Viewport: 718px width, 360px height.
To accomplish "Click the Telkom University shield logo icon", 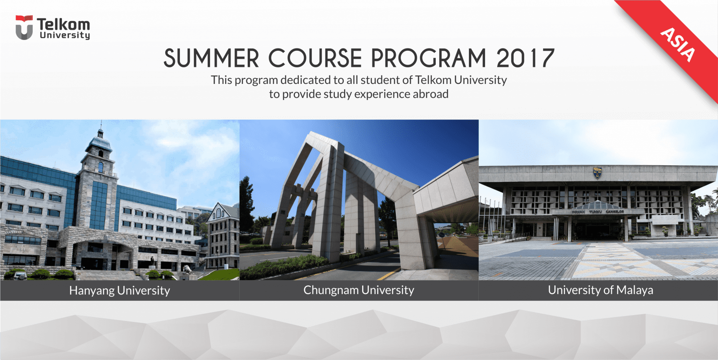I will (x=24, y=28).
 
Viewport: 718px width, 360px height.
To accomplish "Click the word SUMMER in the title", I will (x=211, y=59).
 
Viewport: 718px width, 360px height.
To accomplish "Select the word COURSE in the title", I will (x=315, y=59).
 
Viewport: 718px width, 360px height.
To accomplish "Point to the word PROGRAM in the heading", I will (x=429, y=59).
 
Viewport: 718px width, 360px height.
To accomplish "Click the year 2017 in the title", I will (x=525, y=59).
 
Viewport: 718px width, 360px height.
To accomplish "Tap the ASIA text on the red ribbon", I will (x=678, y=44).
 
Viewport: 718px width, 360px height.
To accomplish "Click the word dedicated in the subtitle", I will (x=306, y=80).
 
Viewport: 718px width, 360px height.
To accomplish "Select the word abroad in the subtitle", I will (x=430, y=94).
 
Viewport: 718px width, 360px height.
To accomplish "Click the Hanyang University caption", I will (x=119, y=290).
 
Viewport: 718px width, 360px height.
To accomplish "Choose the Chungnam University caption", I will (x=359, y=290).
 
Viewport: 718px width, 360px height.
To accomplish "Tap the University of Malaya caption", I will (x=600, y=290).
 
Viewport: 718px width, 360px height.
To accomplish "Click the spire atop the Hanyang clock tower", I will (x=101, y=128).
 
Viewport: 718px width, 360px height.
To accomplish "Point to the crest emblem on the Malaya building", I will (x=597, y=172).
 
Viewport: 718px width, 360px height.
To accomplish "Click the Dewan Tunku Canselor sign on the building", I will (x=597, y=211).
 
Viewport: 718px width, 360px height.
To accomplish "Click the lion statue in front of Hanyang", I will (x=187, y=269).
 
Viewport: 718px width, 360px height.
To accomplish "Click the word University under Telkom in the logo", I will (x=65, y=35).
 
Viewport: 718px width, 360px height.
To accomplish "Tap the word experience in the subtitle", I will (x=382, y=94).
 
